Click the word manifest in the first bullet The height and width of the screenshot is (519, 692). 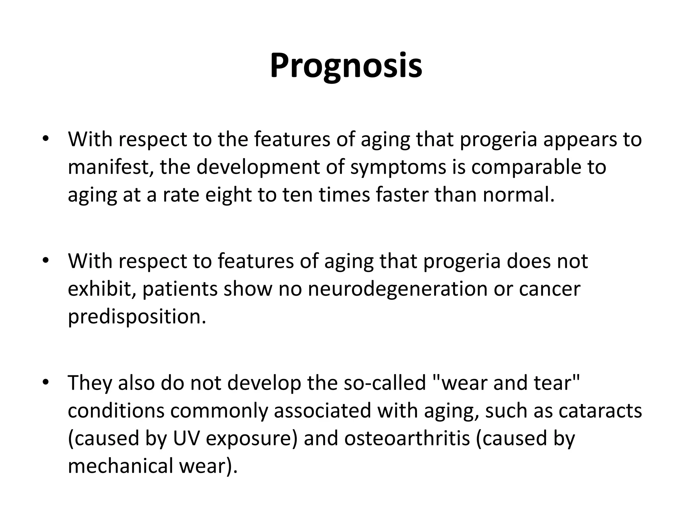pyautogui.click(x=110, y=167)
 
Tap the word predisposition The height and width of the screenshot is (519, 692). pyautogui.click(x=137, y=317)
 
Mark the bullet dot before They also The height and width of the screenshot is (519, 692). pyautogui.click(x=46, y=382)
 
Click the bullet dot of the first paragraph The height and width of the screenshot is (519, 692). pyautogui.click(x=46, y=139)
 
